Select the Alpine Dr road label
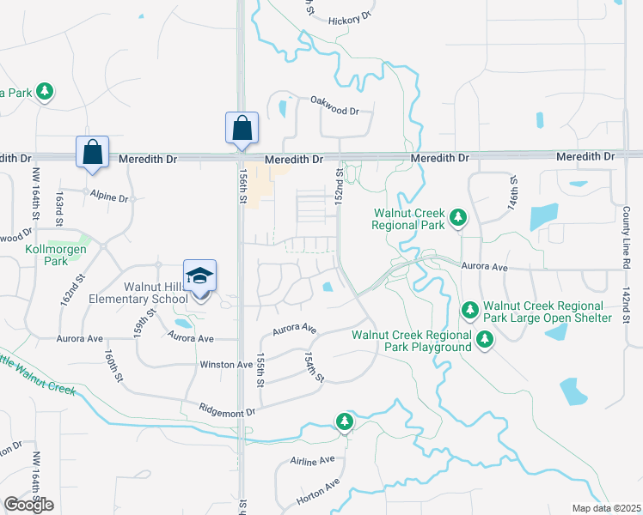point(110,197)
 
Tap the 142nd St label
point(627,307)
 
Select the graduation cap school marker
point(200,276)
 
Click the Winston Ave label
point(226,364)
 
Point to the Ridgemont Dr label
point(228,412)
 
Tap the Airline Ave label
point(312,460)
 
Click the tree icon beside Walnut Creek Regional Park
point(457,218)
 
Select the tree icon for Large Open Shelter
point(470,309)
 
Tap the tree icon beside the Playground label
point(485,342)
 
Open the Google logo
point(28,505)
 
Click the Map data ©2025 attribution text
point(606,508)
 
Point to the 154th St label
point(315,367)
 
